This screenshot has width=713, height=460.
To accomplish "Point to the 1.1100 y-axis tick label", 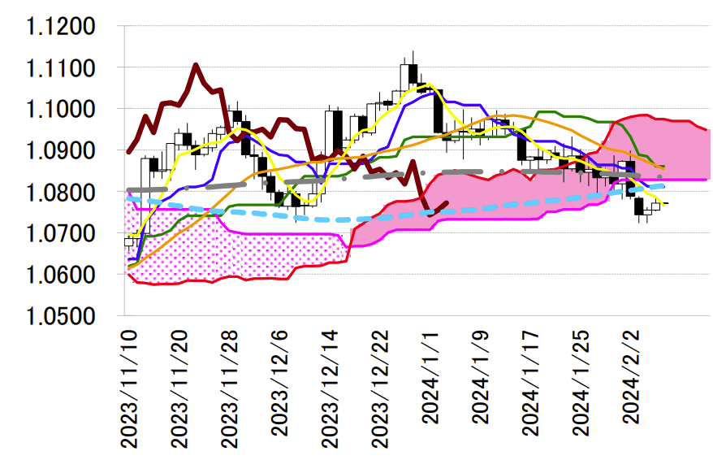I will pyautogui.click(x=60, y=67).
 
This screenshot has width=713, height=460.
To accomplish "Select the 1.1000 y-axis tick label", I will pyautogui.click(x=60, y=109).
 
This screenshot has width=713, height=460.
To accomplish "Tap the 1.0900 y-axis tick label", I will pyautogui.click(x=60, y=150).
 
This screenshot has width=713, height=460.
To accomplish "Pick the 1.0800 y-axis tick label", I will pyautogui.click(x=60, y=192).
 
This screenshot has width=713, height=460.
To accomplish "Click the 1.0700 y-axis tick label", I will pyautogui.click(x=60, y=233).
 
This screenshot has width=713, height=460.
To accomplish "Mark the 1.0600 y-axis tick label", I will pyautogui.click(x=60, y=275).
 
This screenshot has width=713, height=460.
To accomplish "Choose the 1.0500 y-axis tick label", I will pyautogui.click(x=60, y=316).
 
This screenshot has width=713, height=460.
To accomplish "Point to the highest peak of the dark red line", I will pyautogui.click(x=196, y=64).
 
